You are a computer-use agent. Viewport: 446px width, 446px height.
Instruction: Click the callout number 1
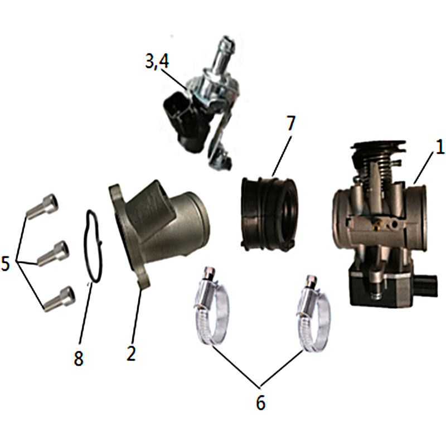[440, 148]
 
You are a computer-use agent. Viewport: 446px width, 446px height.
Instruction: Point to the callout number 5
[6, 263]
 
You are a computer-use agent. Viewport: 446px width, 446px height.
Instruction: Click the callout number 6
[260, 402]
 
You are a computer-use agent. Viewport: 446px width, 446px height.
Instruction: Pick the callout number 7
[290, 123]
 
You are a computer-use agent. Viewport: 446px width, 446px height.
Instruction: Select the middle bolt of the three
[54, 254]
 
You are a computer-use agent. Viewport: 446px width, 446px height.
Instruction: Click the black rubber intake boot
[268, 214]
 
